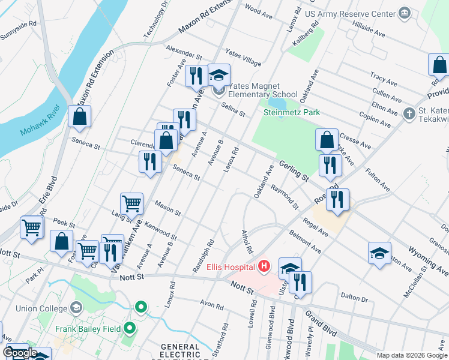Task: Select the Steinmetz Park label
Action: (x=292, y=112)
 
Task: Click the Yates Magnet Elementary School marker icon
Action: (x=218, y=91)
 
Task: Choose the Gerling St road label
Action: (x=293, y=171)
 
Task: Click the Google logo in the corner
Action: (x=20, y=353)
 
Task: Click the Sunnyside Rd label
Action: (x=19, y=30)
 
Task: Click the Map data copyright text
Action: (x=412, y=355)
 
